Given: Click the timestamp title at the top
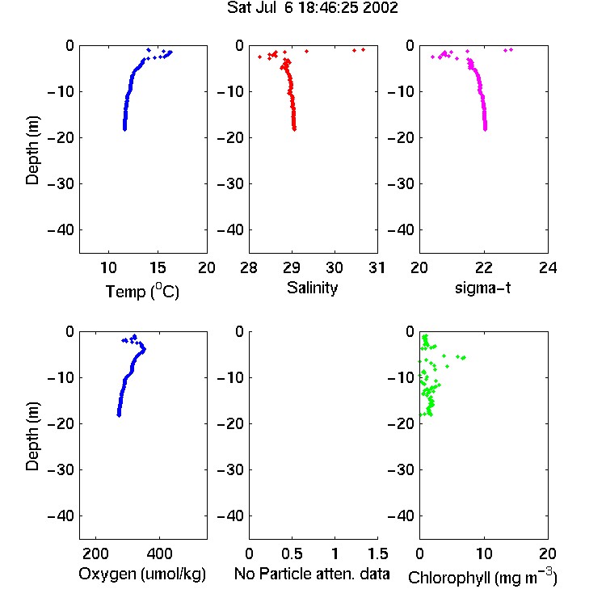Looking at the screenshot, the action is tap(312, 7).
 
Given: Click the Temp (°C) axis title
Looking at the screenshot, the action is tap(142, 291).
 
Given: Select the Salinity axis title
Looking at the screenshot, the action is tap(312, 288).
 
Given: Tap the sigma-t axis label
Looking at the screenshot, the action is tap(482, 288).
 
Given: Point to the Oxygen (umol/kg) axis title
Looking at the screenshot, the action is tap(142, 574).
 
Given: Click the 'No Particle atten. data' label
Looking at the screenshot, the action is tap(312, 574).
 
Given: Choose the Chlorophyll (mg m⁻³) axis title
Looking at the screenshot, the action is tap(482, 576).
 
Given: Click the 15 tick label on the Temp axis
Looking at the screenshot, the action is tap(158, 267).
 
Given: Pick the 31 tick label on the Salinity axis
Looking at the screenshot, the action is tap(377, 267).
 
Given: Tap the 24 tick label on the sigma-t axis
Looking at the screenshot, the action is tap(548, 267).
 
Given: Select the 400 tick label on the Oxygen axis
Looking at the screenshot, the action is tap(159, 553).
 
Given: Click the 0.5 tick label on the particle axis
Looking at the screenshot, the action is tap(292, 553).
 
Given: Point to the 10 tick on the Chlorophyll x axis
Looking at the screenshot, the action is tap(484, 553).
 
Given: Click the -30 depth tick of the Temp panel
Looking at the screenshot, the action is tap(61, 183).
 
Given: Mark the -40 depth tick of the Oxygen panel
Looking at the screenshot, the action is tap(61, 516).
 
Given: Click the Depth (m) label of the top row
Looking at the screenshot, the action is tap(32, 150).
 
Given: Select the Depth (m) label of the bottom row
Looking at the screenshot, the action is tap(32, 436).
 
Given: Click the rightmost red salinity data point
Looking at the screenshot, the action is tap(363, 49).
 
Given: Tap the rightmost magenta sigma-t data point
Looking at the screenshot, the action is tap(511, 49).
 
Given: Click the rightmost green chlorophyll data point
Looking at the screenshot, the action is tap(464, 358).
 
